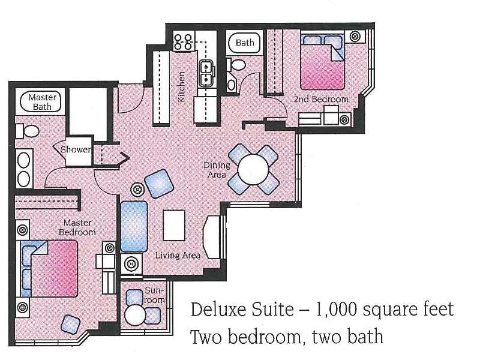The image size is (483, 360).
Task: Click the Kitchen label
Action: click(181, 86)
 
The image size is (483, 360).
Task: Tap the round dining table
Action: click(254, 169)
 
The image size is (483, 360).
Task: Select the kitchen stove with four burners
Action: click(183, 41)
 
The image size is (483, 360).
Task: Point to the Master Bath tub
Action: click(41, 101)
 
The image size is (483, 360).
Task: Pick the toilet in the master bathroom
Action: click(28, 131)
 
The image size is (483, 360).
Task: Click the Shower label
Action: click(76, 149)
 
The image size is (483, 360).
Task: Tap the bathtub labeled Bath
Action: click(245, 43)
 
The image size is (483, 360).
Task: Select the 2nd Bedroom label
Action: click(321, 99)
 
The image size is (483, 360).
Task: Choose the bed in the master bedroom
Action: click(49, 269)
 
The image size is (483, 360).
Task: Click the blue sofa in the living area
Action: click(134, 227)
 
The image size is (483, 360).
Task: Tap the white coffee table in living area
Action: click(174, 226)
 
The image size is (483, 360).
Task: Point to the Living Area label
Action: click(178, 255)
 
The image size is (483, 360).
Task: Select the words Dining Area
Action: click(217, 170)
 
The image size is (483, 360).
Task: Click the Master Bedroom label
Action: click(77, 227)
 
